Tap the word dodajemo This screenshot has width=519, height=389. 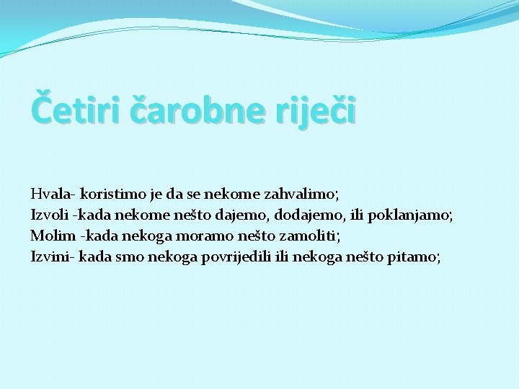coord(306,215)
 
